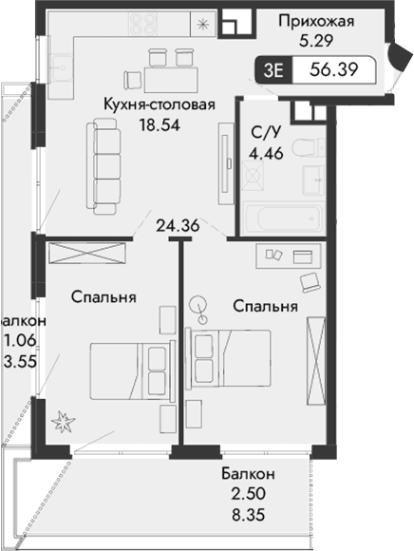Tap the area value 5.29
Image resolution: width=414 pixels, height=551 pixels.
317,41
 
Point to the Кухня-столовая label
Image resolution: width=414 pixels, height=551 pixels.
160,105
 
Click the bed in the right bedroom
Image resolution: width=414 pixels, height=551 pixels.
233,355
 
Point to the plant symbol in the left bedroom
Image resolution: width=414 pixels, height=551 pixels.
64,419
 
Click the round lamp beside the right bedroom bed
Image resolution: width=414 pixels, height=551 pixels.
198,306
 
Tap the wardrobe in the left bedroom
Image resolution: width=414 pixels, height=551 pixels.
86,255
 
